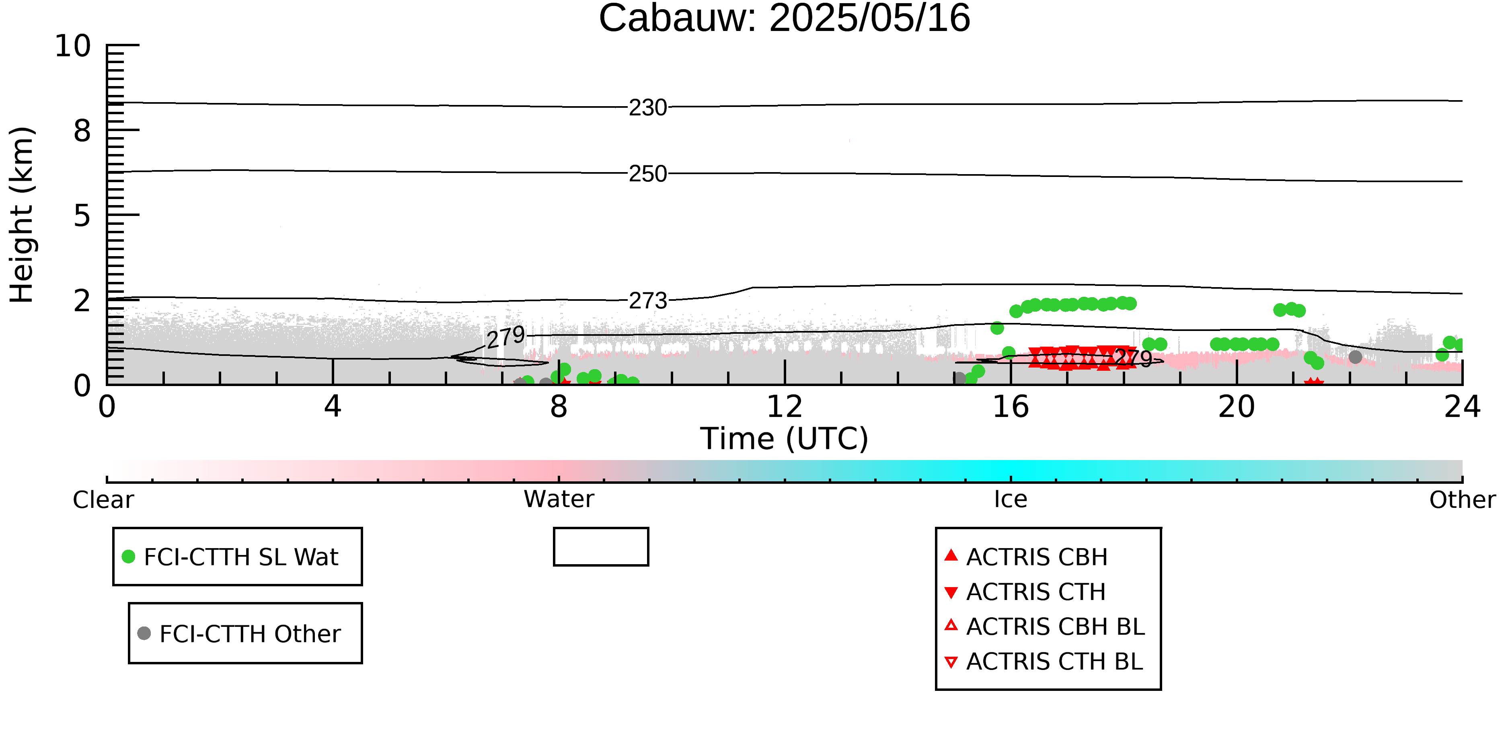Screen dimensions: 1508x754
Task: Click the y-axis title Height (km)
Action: point(22,215)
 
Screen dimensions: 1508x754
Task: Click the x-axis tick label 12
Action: point(785,407)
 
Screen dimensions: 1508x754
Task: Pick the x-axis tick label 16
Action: point(1011,407)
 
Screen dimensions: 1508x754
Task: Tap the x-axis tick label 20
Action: point(1237,407)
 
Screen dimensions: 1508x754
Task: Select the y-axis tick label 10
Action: point(73,46)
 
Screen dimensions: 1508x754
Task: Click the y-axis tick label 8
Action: point(82,131)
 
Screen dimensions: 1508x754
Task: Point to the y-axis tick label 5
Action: point(82,216)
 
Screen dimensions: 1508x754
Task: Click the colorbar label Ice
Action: point(1011,499)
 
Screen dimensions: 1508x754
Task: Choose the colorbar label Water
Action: point(559,499)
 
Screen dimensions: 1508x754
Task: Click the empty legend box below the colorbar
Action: point(601,547)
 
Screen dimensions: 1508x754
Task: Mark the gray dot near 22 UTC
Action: point(1355,357)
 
